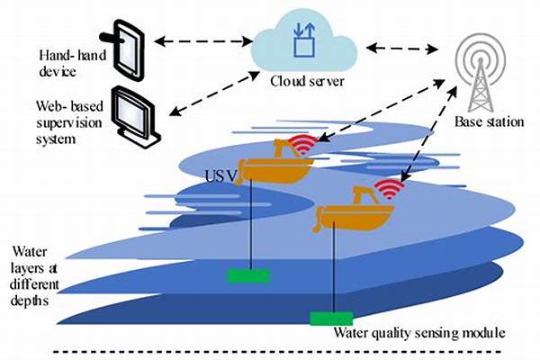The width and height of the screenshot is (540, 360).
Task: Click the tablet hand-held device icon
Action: click(x=125, y=50)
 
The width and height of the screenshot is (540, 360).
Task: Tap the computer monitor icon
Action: click(x=135, y=117)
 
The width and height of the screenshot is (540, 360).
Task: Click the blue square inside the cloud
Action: click(x=304, y=47)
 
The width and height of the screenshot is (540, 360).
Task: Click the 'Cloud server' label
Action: click(x=307, y=82)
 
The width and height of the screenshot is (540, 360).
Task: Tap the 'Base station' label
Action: click(x=489, y=121)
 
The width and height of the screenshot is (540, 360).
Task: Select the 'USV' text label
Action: click(x=220, y=176)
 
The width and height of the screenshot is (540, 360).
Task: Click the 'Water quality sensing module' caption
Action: click(x=419, y=333)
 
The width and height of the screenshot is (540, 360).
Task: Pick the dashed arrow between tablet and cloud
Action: click(x=203, y=41)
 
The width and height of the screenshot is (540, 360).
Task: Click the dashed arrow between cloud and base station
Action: click(x=401, y=49)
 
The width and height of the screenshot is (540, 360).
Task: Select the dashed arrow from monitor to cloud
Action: click(x=214, y=94)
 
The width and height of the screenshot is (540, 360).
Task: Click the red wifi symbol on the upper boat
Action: click(x=302, y=145)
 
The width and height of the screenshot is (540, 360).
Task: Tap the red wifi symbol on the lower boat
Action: click(x=389, y=189)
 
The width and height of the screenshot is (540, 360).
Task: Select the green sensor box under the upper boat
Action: click(x=248, y=276)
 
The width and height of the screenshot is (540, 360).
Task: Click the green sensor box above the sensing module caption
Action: click(x=331, y=319)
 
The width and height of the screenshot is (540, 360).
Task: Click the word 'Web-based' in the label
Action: click(x=70, y=106)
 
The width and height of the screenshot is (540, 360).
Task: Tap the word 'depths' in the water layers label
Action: click(x=30, y=301)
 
